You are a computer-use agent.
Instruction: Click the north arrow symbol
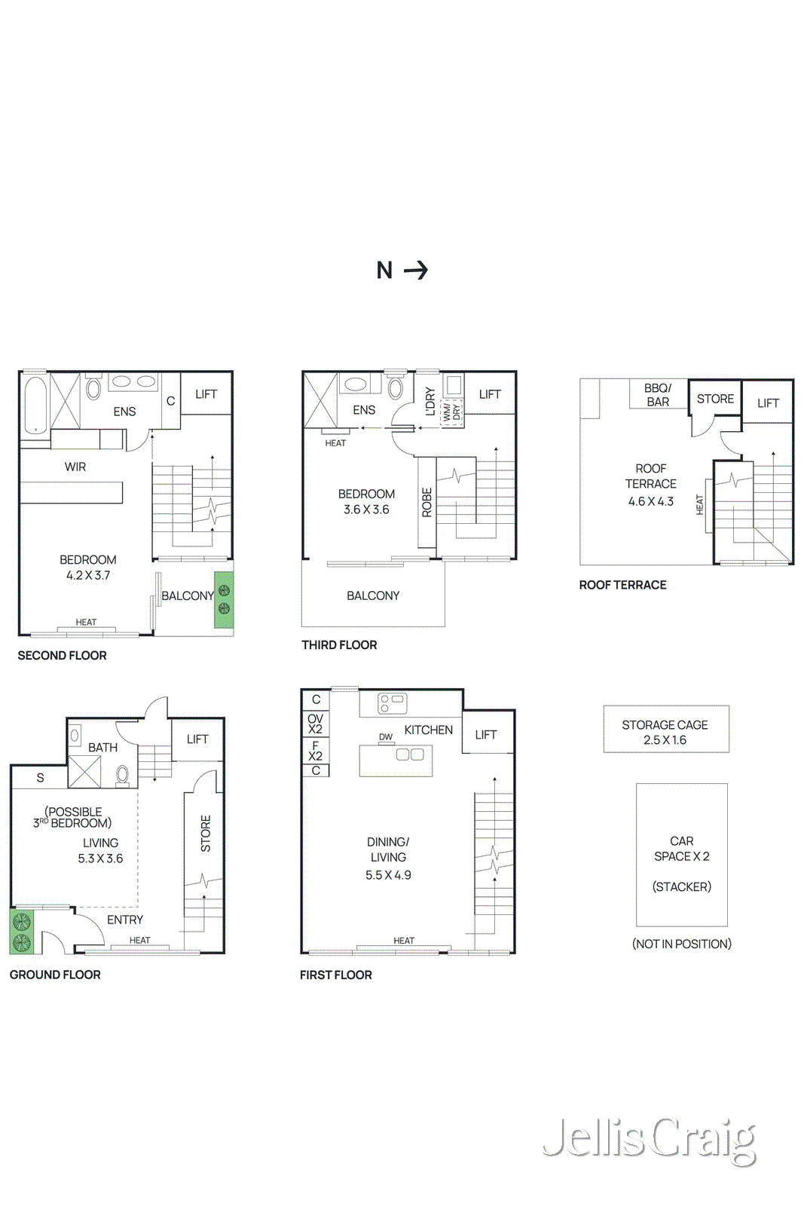click(416, 270)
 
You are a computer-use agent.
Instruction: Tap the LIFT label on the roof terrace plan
click(768, 403)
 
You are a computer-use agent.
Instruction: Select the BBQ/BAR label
click(658, 395)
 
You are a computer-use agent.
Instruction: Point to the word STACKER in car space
click(681, 886)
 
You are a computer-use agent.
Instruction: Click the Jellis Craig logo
click(650, 1140)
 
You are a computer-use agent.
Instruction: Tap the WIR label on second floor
click(75, 467)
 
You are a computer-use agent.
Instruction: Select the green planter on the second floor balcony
click(224, 600)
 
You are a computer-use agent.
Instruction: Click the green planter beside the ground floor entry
click(21, 932)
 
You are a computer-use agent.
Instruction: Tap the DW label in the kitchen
click(386, 737)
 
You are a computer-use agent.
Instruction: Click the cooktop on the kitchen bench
click(393, 703)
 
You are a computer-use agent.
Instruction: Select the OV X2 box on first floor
click(315, 724)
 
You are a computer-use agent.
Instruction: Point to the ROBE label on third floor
click(426, 502)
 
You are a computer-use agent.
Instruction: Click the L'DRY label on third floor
click(430, 401)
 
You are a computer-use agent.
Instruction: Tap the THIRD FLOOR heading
click(339, 645)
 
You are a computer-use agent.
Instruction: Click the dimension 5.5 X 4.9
click(388, 875)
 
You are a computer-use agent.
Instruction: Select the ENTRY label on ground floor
click(125, 920)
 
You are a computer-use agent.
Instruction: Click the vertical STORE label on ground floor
click(205, 833)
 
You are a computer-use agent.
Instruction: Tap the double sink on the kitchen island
click(410, 755)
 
